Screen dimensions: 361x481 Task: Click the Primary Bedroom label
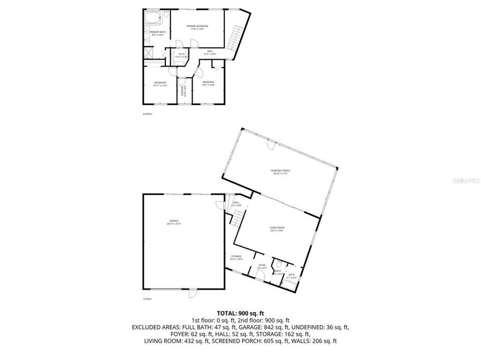click(197, 27)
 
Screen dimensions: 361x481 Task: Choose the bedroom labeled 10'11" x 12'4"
click(160, 84)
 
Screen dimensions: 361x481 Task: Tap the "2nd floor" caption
click(147, 114)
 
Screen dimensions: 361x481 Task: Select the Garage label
click(174, 222)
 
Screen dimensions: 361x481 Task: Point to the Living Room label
click(277, 230)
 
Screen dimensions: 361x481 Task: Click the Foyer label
click(262, 266)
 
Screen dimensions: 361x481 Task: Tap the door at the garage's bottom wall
click(192, 293)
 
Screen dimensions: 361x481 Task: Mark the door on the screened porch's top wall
click(271, 144)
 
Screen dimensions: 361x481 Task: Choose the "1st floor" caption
click(147, 299)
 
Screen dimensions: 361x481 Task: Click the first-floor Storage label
click(236, 258)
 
